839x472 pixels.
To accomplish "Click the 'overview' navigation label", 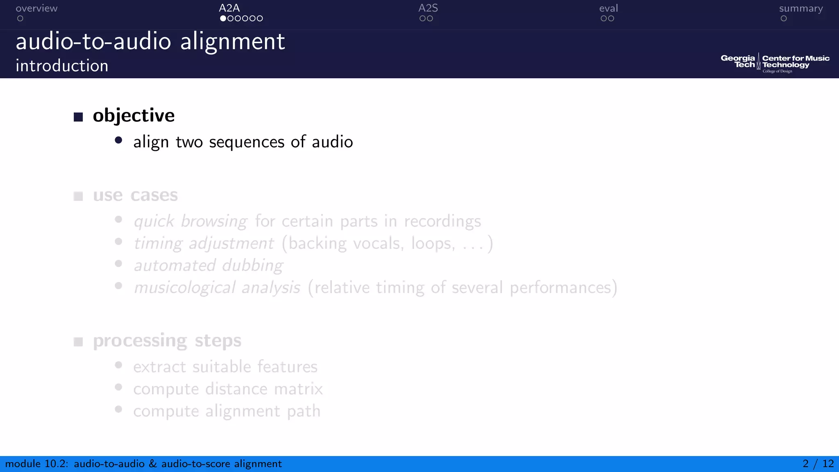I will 36,9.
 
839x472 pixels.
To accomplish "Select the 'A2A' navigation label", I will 229,8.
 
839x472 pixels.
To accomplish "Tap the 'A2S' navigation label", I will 428,8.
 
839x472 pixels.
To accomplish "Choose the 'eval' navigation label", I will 608,9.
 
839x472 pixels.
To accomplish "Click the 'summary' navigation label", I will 800,9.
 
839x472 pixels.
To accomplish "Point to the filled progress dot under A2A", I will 223,18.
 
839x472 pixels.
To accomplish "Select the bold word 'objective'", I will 134,116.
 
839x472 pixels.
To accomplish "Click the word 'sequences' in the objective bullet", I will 247,142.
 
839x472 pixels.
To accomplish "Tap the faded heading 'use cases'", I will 135,195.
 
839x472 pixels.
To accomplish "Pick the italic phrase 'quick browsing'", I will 190,221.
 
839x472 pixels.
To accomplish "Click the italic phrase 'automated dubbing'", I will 208,265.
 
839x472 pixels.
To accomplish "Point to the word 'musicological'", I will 184,288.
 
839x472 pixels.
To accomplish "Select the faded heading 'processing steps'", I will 167,340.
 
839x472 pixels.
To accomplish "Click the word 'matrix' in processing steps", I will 298,389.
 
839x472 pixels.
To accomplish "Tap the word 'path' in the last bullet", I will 304,411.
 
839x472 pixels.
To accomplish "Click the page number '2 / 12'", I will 818,464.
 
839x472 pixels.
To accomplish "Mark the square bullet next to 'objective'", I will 78,117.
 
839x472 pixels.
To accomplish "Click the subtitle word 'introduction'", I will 62,66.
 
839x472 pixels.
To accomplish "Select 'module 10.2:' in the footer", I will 36,464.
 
